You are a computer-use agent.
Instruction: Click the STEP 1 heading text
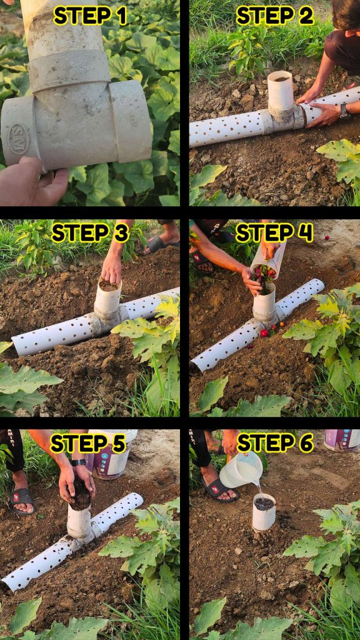(90, 16)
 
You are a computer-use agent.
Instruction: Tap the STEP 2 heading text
(275, 16)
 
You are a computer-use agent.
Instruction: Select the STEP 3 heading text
(90, 233)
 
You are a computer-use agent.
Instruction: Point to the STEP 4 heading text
(274, 233)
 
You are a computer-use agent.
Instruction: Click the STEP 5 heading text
(87, 443)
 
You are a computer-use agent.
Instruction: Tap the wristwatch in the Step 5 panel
(78, 462)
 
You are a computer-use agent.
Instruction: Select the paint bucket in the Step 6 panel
(342, 440)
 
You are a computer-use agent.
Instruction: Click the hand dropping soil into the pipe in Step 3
(112, 268)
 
